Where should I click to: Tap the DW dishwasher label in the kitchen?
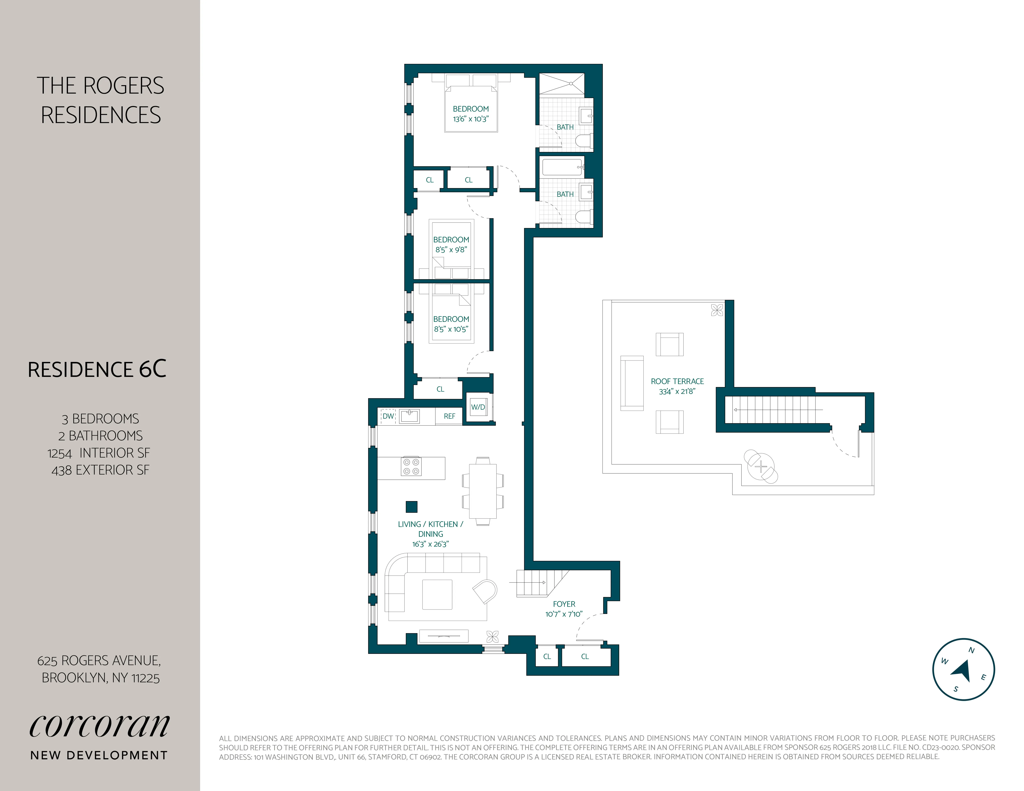(388, 416)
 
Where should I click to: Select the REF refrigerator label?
(449, 416)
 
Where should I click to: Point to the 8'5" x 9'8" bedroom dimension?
(451, 250)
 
